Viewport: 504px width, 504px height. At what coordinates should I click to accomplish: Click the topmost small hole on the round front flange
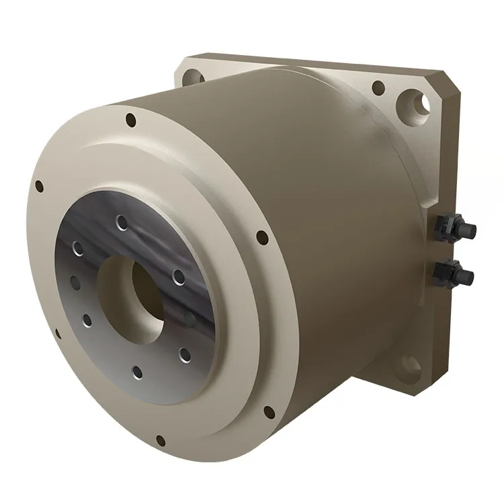click(130, 122)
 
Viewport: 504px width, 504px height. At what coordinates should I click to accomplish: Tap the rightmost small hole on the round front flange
click(260, 236)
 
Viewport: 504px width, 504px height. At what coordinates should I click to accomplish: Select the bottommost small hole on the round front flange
click(160, 441)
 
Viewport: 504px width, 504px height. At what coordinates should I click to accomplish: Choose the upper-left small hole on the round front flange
click(39, 185)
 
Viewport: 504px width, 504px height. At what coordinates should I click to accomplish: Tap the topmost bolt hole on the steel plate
click(121, 222)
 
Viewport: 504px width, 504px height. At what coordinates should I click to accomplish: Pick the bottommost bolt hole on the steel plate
click(137, 371)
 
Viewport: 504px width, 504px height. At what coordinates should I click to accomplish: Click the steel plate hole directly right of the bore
click(178, 276)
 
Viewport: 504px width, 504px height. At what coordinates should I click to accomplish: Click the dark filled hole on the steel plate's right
click(191, 317)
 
